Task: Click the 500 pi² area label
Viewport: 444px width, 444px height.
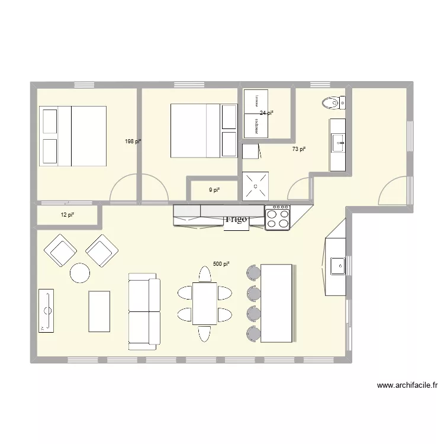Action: point(221,264)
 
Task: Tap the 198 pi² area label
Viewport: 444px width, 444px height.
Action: point(133,141)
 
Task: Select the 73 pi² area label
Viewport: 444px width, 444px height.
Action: point(299,149)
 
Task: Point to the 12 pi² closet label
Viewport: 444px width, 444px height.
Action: point(67,215)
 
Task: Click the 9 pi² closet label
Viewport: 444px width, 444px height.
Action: point(214,190)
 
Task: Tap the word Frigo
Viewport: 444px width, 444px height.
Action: point(236,220)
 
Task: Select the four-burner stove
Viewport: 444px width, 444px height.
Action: point(277,217)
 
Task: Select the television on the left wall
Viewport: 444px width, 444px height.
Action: point(46,310)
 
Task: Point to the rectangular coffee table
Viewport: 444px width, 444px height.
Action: point(99,311)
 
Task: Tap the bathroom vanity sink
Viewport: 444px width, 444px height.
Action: point(338,143)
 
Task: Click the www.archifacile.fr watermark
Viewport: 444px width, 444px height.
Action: point(407,386)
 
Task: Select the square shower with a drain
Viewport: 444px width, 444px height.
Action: point(255,186)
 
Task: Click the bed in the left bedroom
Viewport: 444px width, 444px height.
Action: point(72,136)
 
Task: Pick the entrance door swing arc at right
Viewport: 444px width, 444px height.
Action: point(392,191)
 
